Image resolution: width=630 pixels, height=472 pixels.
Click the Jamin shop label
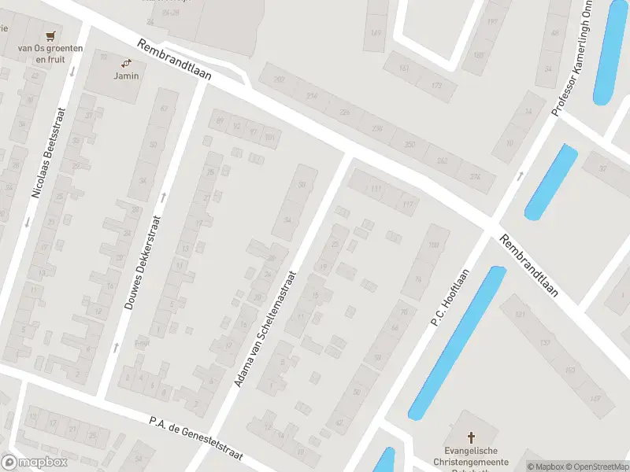(x=126, y=76)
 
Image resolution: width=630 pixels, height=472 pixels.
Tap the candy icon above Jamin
(x=126, y=62)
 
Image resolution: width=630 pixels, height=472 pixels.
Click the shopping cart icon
(x=51, y=35)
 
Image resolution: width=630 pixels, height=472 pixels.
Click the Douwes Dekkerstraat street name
(x=143, y=264)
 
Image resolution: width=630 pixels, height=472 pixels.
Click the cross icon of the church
(x=472, y=437)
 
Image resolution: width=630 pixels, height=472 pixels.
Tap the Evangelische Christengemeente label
(x=472, y=456)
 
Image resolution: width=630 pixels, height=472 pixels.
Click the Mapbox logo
(x=33, y=463)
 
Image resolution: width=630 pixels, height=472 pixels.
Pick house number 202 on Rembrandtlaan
(x=279, y=79)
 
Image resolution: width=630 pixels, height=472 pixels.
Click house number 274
(x=474, y=176)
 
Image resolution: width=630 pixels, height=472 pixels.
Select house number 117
(x=407, y=205)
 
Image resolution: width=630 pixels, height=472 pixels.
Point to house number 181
(x=520, y=315)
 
